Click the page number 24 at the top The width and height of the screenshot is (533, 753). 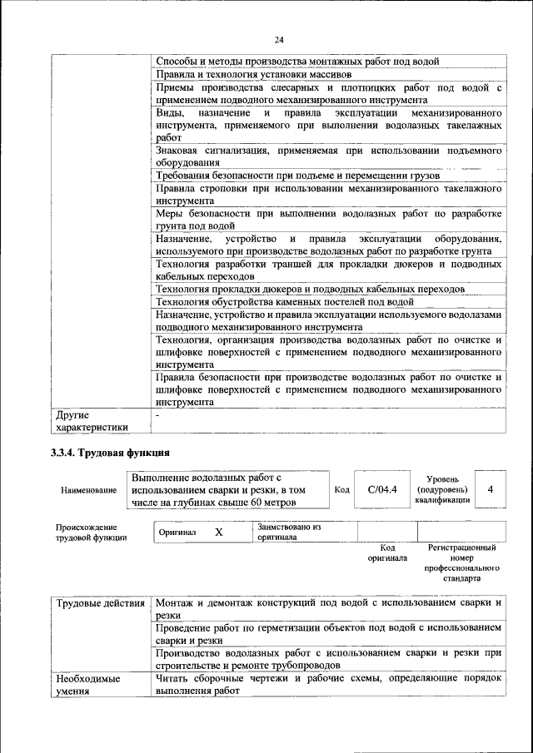pos(279,39)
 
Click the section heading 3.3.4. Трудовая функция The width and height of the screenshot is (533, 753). pos(111,453)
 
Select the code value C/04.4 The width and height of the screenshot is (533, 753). pos(383,490)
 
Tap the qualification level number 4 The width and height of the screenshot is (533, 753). pos(491,490)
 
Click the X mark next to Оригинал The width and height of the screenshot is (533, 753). pos(218,533)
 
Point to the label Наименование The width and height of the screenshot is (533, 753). pos(88,490)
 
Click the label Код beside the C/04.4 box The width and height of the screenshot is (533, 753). pos(341,490)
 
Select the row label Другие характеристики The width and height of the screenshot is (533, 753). pos(92,421)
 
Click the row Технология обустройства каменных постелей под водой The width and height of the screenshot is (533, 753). pos(285,302)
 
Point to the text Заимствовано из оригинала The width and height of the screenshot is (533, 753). pos(289,533)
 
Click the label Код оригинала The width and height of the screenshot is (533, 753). pos(387,553)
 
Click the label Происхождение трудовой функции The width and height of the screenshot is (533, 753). pos(92,533)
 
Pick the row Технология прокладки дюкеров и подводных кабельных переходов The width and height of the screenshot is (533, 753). pos(310,289)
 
